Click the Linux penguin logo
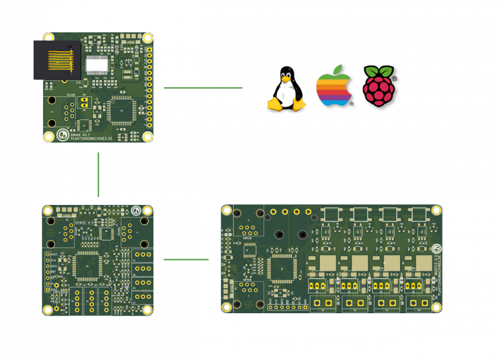(x=286, y=89)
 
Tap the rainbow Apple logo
(x=334, y=86)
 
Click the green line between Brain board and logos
(x=202, y=87)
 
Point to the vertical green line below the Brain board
(x=98, y=174)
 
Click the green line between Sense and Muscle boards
(x=186, y=259)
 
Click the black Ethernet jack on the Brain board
(x=56, y=60)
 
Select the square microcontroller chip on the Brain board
(x=121, y=110)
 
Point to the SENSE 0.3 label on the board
(x=84, y=222)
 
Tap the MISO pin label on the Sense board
(x=54, y=254)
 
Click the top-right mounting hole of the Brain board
(x=147, y=38)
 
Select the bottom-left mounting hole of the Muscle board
(x=227, y=306)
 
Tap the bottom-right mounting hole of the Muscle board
(x=436, y=307)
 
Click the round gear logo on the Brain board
(x=62, y=134)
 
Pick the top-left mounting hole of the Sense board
(x=47, y=211)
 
